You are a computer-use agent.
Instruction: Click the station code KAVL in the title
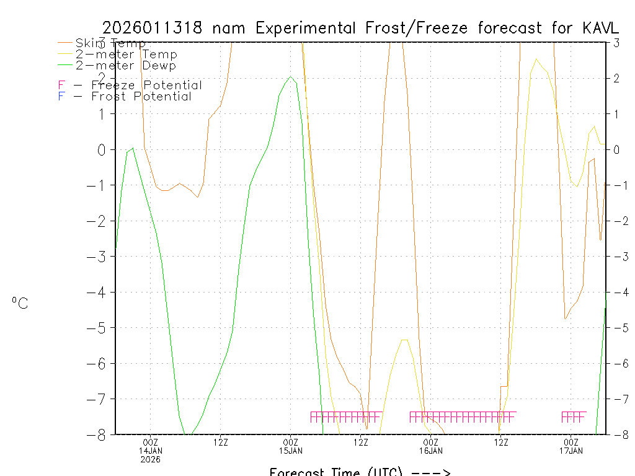[x=600, y=28]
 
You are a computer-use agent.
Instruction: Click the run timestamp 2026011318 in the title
[x=152, y=28]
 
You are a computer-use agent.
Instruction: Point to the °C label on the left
[x=19, y=304]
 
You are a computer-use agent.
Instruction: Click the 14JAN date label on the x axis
[x=150, y=451]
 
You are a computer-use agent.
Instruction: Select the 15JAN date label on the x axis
[x=290, y=451]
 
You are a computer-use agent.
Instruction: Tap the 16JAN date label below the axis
[x=431, y=451]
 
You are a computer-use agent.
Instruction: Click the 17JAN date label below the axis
[x=571, y=451]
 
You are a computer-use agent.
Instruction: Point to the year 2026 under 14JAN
[x=150, y=459]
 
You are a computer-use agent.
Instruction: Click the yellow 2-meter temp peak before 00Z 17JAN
[x=536, y=59]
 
